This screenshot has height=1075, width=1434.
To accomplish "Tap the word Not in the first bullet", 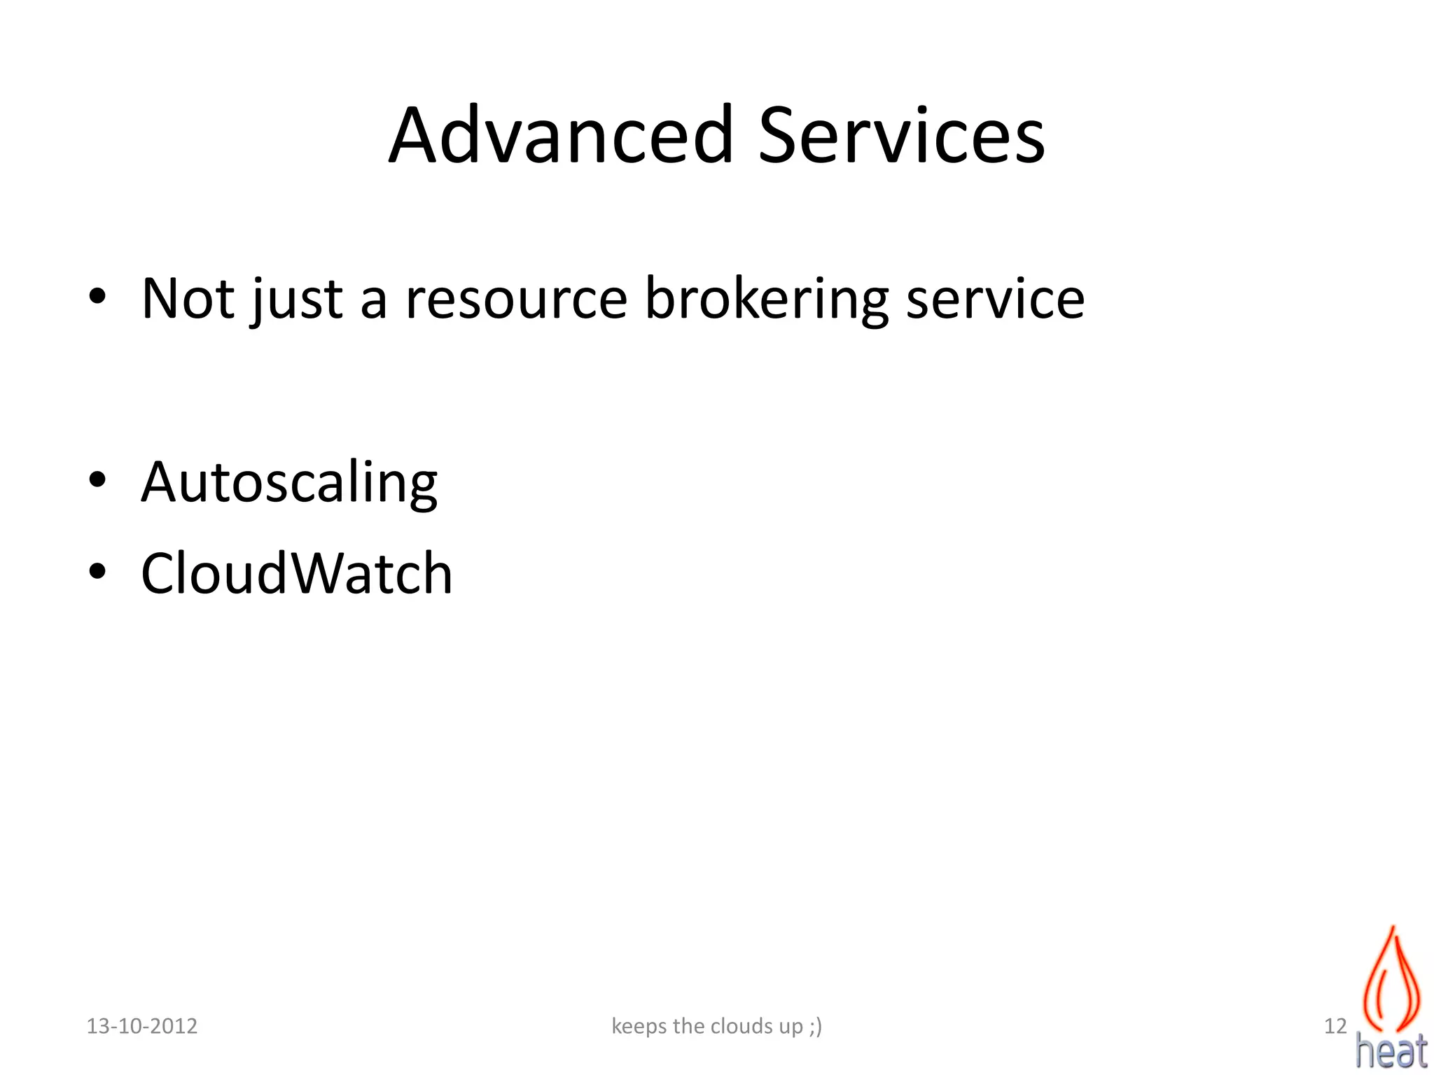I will pos(188,299).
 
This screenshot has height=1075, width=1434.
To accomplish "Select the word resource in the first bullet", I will pos(516,300).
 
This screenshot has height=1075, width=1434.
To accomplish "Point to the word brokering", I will pos(767,300).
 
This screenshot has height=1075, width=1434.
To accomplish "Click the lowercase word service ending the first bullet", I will pos(995,300).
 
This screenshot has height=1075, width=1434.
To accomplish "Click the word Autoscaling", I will pos(289,483).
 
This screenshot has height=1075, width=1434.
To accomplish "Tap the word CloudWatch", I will pos(297,574).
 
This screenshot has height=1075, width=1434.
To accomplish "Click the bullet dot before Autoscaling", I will pos(97,480).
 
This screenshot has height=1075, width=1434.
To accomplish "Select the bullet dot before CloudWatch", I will pos(97,571).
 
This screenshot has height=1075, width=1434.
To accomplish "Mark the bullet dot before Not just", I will pos(97,297).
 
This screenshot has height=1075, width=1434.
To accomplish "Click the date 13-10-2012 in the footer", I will pos(141,1026).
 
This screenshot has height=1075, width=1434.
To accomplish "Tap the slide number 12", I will pos(1335,1026).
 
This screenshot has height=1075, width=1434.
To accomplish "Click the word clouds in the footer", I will pos(742,1026).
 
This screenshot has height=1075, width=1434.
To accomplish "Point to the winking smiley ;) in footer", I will pos(815,1027).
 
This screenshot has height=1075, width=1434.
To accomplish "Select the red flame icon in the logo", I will pos(1392,980).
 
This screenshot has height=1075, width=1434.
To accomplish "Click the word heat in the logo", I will pos(1391,1051).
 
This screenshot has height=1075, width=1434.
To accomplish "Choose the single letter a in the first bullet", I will pos(373,300).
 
